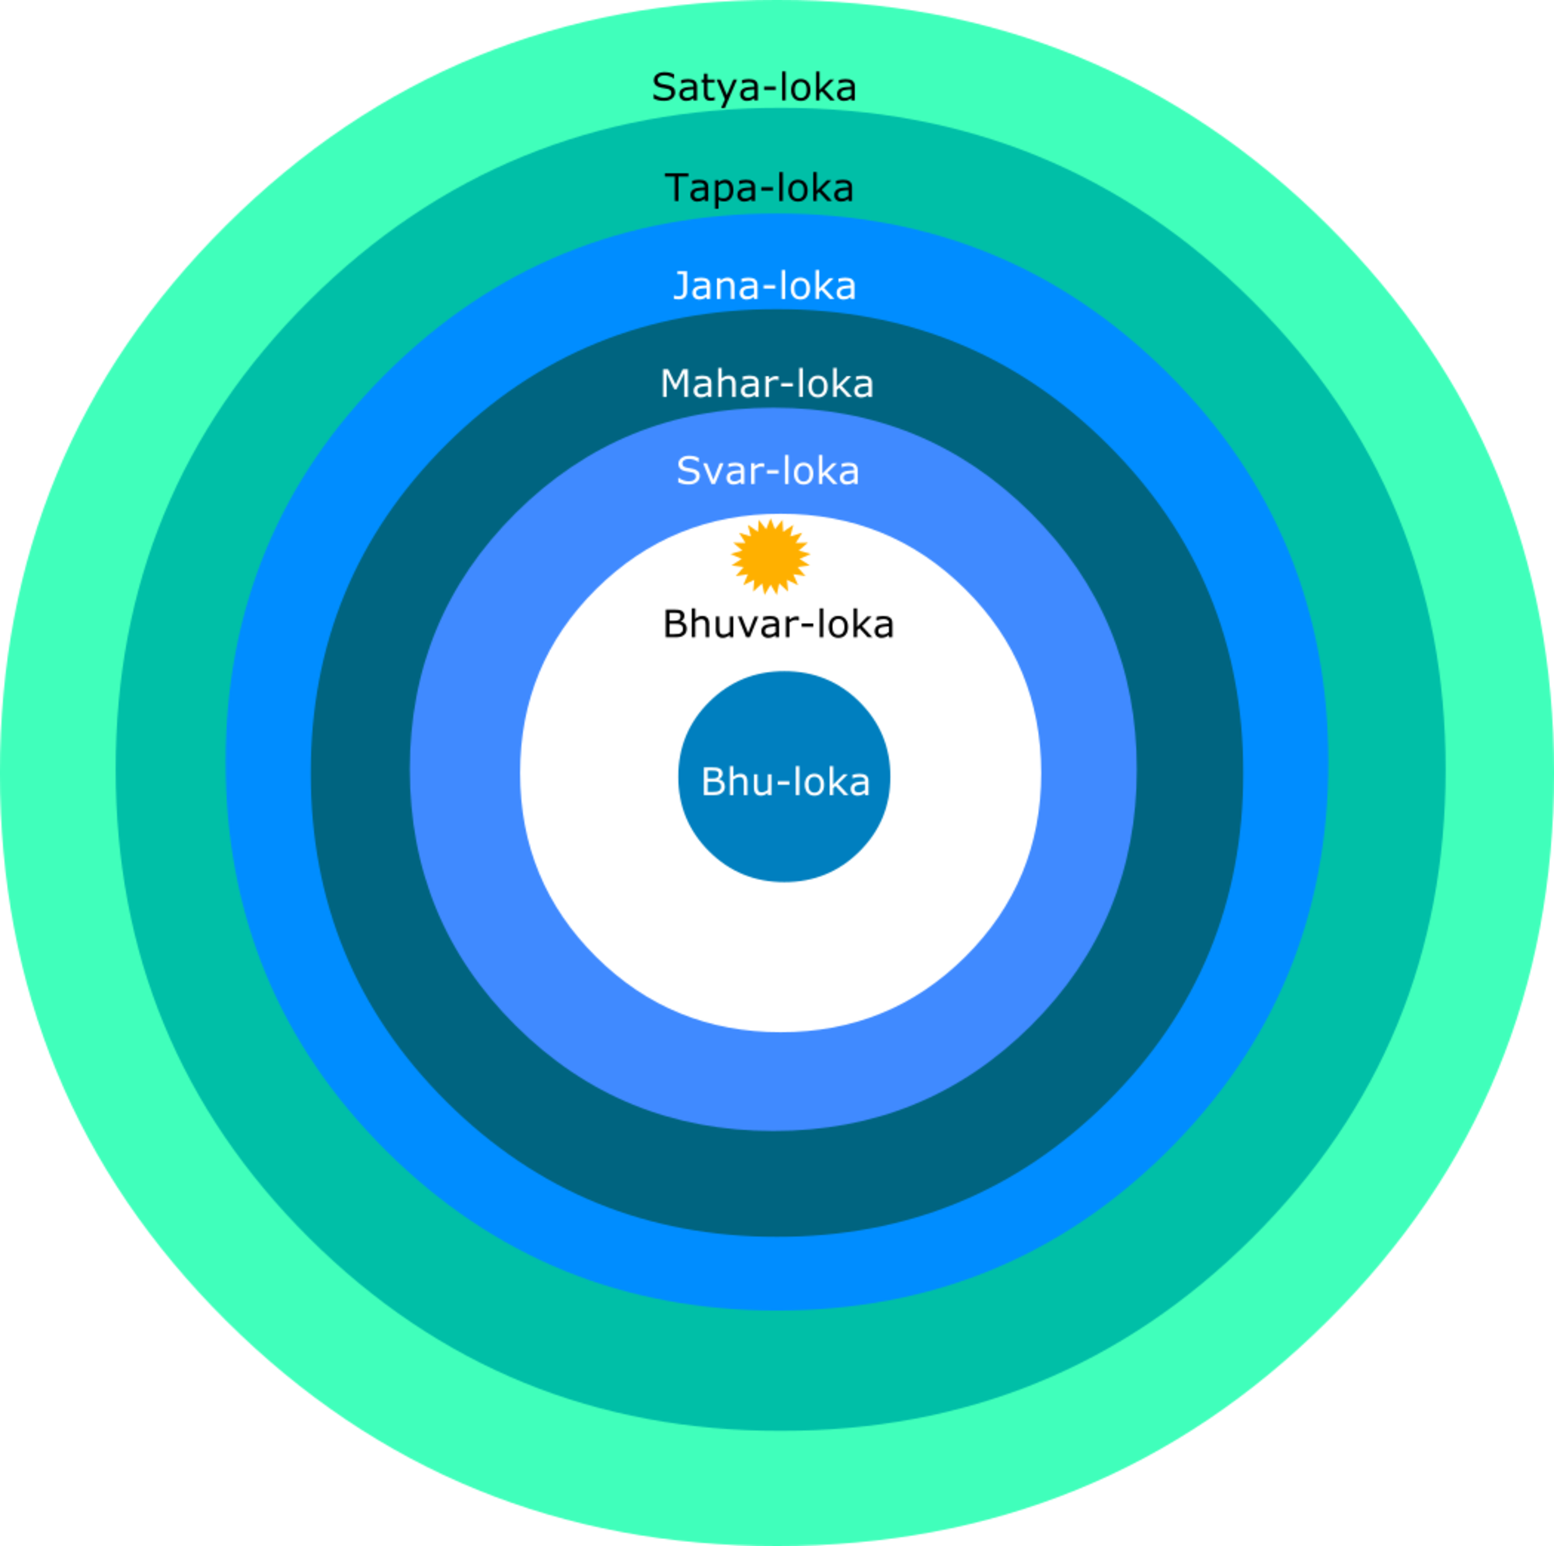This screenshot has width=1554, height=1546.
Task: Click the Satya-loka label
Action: point(754,88)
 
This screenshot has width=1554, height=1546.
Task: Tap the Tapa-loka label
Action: point(759,189)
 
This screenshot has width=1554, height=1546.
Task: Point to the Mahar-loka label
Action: point(767,385)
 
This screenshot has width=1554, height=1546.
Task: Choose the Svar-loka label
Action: point(768,472)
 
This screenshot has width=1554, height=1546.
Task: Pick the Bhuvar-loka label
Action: point(778,625)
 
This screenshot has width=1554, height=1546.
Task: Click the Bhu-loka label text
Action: point(785,782)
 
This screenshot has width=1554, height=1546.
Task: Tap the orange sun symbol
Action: point(770,556)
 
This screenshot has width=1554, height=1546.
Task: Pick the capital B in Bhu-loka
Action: point(713,782)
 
